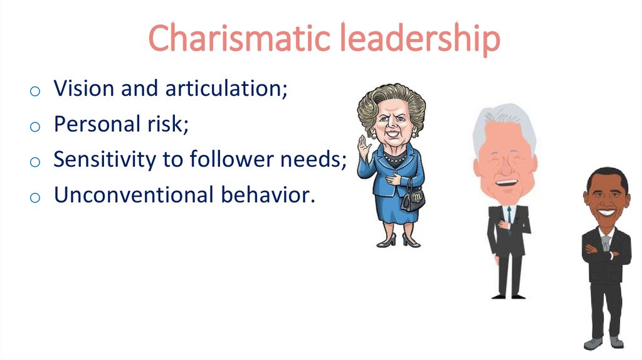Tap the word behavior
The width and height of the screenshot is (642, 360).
[266, 195]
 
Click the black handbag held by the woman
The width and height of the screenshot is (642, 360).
[413, 200]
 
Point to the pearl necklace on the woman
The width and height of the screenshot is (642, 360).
[394, 157]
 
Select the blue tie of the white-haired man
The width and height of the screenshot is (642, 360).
[508, 216]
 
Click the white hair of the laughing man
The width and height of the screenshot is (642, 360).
[502, 122]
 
